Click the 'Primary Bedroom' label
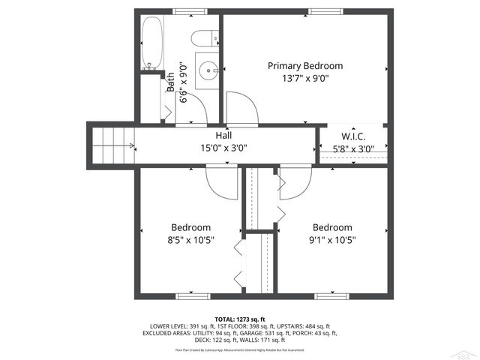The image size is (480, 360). point(305,66)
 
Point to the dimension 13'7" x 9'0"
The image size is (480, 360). point(305,78)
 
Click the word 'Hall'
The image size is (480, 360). point(223,136)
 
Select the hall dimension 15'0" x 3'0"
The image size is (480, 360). point(223,148)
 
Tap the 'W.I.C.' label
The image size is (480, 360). point(352,136)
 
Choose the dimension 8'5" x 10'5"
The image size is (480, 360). point(190,240)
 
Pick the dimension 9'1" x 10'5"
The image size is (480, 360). point(332,240)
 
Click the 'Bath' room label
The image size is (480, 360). point(171,81)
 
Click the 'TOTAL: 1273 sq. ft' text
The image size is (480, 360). point(239,319)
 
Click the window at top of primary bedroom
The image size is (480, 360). point(322,11)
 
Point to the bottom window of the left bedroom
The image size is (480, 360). point(190,296)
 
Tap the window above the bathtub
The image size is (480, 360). point(186,11)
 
